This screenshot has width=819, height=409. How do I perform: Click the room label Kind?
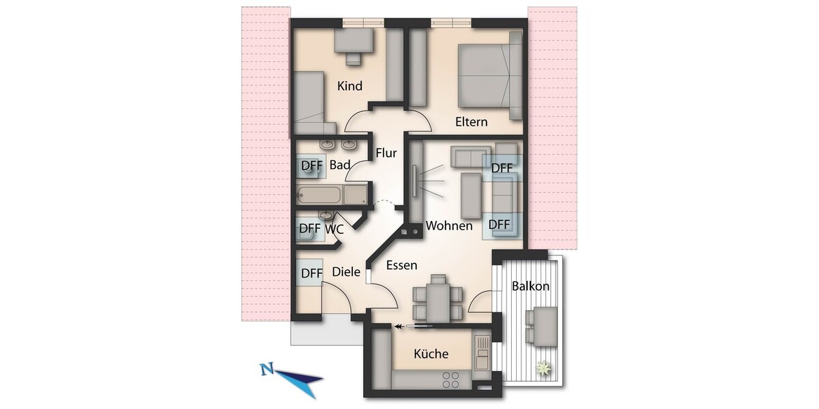pos(350,87)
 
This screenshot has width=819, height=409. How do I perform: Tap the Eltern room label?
pos(472,122)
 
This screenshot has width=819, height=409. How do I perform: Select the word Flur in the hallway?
pos(386,153)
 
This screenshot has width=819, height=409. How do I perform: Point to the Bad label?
pos(340,165)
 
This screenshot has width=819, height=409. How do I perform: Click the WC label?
pos(334,229)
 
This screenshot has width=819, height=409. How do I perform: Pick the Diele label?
pos(346,272)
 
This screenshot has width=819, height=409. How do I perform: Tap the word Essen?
pos(401,265)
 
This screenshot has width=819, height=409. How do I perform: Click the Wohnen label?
pos(449,226)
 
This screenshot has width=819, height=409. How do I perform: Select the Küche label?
pos(431,354)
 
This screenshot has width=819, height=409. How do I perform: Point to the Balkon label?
pos(530,286)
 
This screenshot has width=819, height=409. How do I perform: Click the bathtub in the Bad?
pos(321,196)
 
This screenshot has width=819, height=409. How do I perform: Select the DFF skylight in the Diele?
pos(311,273)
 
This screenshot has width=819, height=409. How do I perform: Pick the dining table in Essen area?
pos(437,297)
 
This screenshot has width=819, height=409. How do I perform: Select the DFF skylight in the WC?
pos(310,228)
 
